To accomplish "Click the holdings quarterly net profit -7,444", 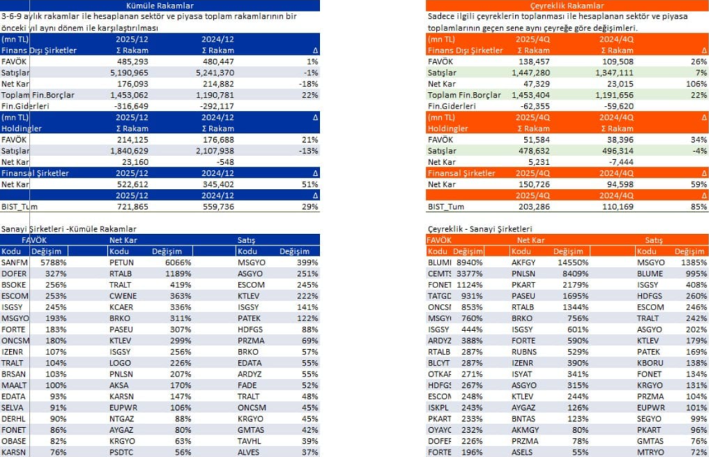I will [619, 162].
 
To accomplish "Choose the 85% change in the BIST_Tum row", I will [698, 206].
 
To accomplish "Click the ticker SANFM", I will [14, 262].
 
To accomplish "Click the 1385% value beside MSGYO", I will [693, 262].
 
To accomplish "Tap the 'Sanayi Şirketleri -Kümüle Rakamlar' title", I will [69, 228].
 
